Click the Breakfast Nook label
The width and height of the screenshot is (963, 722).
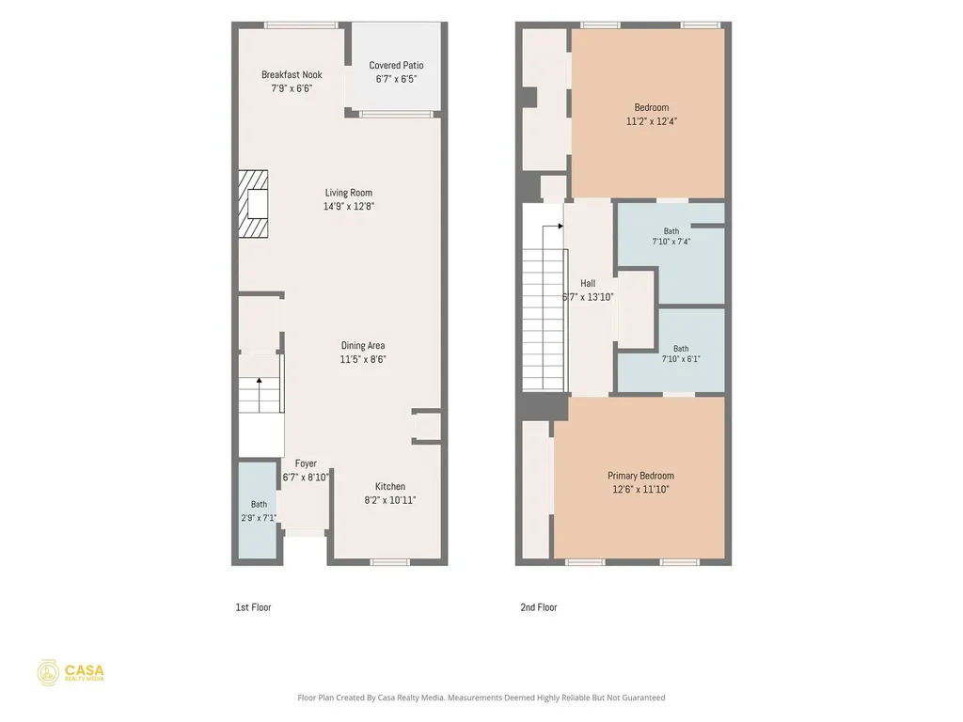click(x=292, y=74)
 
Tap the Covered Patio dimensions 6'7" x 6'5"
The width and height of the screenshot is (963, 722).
click(x=396, y=79)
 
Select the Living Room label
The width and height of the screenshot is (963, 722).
click(x=348, y=193)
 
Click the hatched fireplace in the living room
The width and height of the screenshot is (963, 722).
click(x=253, y=204)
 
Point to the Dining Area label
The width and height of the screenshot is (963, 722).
click(x=363, y=346)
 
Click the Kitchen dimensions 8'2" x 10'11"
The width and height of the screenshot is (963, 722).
click(x=390, y=500)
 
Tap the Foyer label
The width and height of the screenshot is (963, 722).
click(x=306, y=463)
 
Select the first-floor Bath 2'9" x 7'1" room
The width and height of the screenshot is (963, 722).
click(x=258, y=510)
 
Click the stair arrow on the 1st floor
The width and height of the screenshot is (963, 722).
click(x=260, y=395)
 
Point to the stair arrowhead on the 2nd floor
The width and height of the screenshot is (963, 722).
click(x=560, y=227)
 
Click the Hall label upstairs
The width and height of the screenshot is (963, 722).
click(x=588, y=284)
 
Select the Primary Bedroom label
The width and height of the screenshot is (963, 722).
click(x=640, y=476)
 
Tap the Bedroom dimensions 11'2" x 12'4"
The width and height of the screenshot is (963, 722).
click(x=651, y=121)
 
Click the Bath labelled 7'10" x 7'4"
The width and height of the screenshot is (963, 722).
click(x=671, y=253)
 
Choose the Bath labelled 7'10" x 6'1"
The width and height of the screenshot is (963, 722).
click(x=671, y=350)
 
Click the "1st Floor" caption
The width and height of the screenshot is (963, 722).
click(x=253, y=607)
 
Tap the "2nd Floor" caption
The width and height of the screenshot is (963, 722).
click(x=539, y=607)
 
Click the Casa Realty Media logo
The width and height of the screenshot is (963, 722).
click(x=71, y=673)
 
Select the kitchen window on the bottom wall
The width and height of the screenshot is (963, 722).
click(x=390, y=562)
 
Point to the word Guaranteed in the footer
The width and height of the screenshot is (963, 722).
click(x=643, y=698)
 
